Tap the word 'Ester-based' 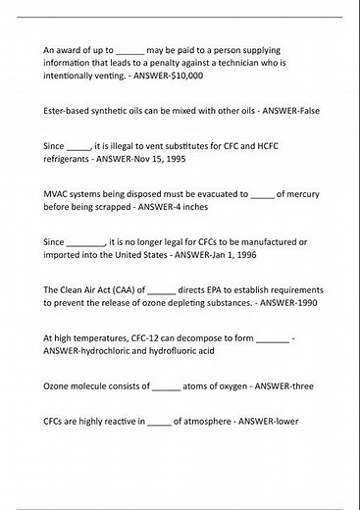pyautogui.click(x=67, y=111)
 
